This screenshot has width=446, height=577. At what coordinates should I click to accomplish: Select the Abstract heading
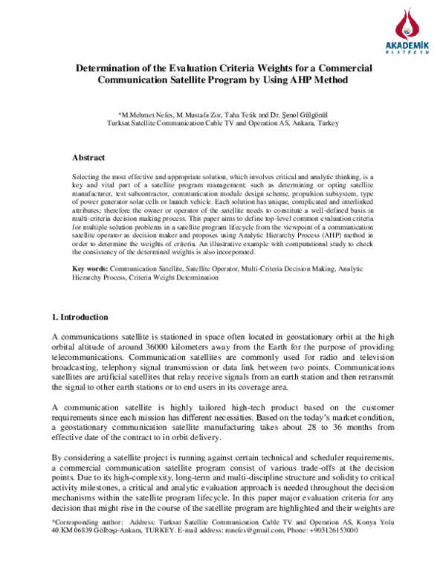coord(88,158)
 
